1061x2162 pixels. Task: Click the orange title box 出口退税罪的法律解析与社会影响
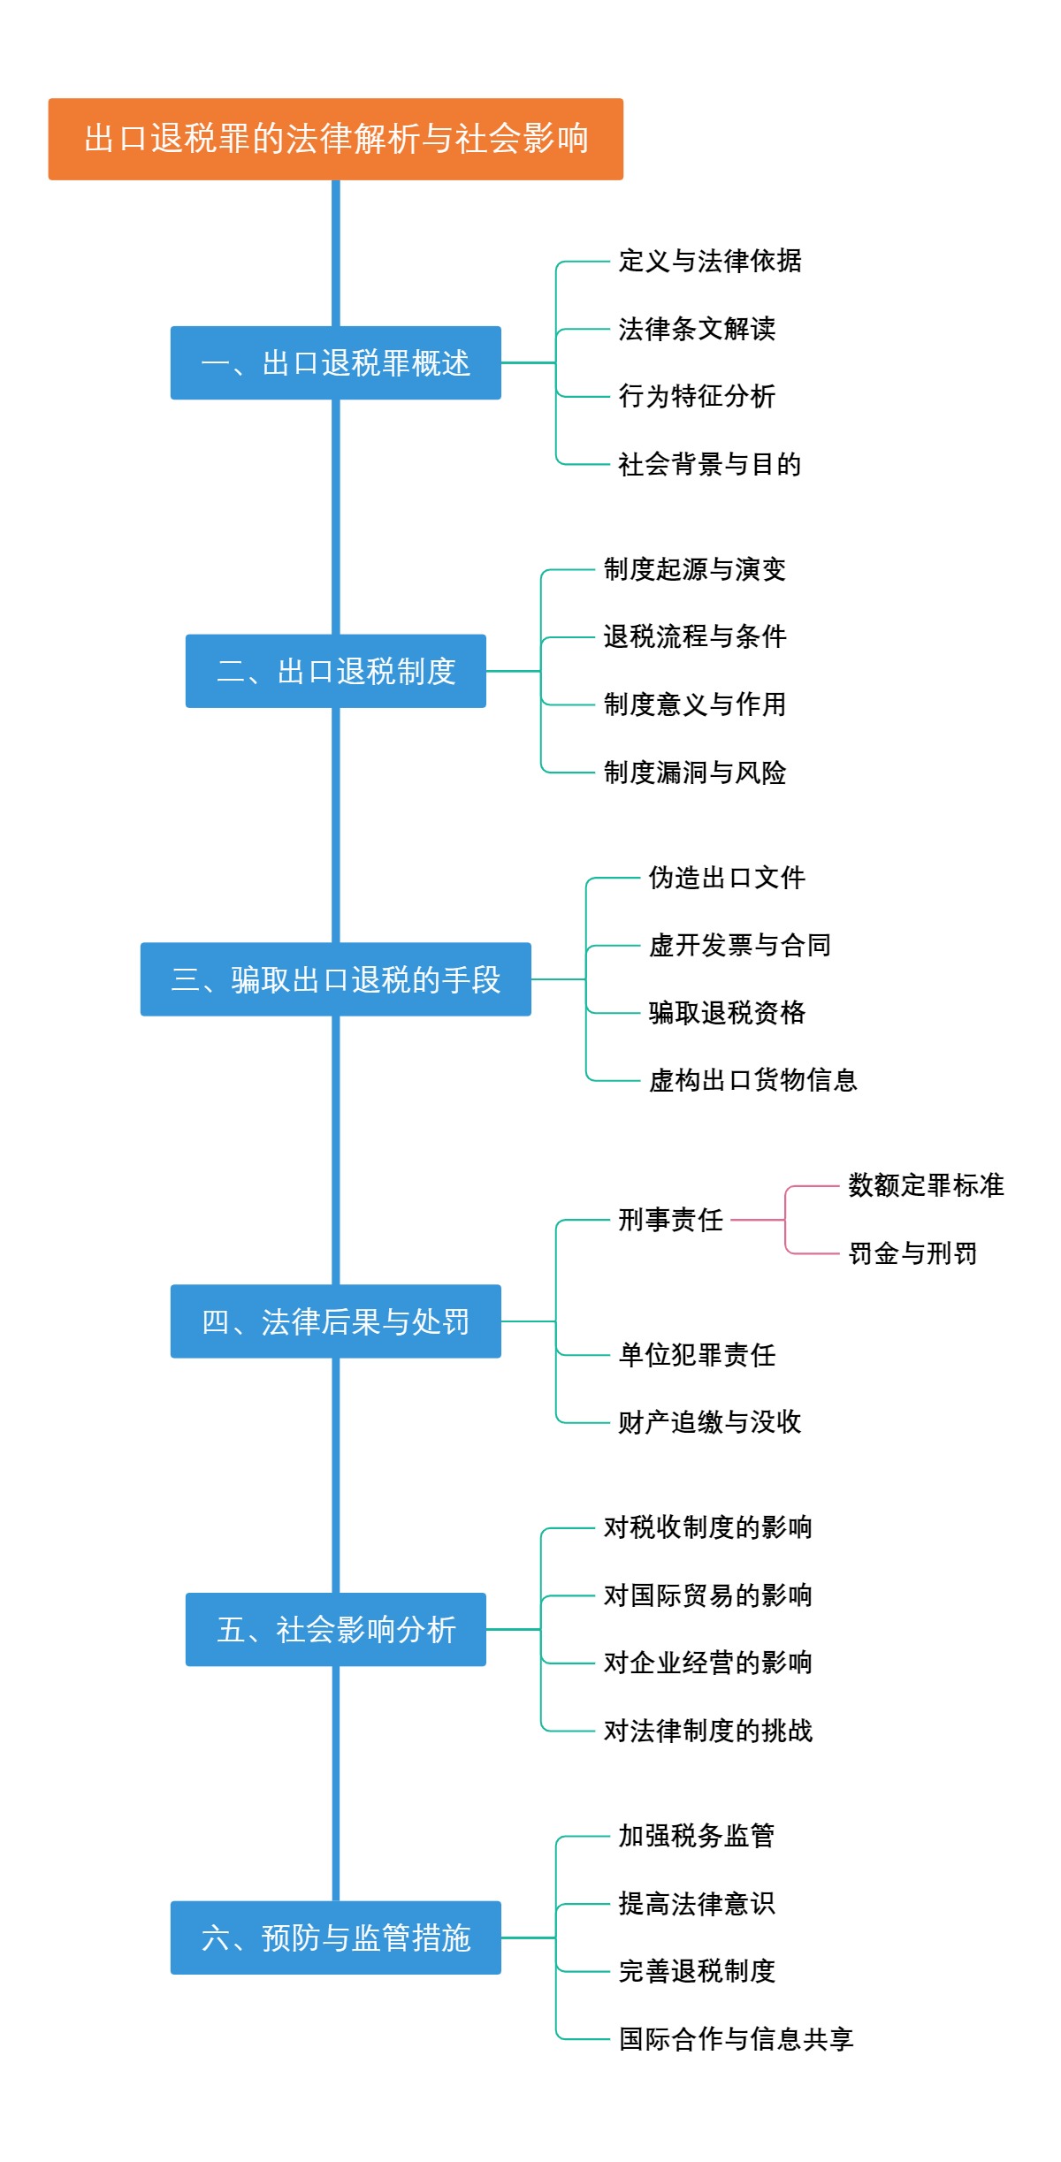coord(335,139)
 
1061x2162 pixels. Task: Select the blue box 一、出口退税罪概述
coord(335,363)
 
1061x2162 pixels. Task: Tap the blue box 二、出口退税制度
coord(335,671)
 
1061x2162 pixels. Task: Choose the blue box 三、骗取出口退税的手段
coord(335,979)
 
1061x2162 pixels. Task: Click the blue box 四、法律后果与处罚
coord(335,1321)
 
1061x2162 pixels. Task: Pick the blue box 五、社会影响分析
coord(335,1629)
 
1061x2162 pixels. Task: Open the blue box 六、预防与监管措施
coord(335,1937)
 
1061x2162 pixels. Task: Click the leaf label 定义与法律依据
coord(709,262)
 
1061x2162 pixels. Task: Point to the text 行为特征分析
coord(697,397)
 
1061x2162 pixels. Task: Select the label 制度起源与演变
coord(695,569)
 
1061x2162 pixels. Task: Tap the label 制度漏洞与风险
coord(695,773)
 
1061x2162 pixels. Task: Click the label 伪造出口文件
coord(727,878)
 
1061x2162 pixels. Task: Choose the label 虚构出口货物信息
coord(753,1080)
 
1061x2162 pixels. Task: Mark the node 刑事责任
coord(670,1220)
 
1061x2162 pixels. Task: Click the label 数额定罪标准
coord(926,1185)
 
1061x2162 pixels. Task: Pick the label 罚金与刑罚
coord(912,1253)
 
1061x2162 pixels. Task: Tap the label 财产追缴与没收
coord(709,1422)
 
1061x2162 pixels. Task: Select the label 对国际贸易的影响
coord(707,1595)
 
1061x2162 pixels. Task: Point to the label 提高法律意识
coord(697,1903)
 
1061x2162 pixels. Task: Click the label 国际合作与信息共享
coord(736,2039)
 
